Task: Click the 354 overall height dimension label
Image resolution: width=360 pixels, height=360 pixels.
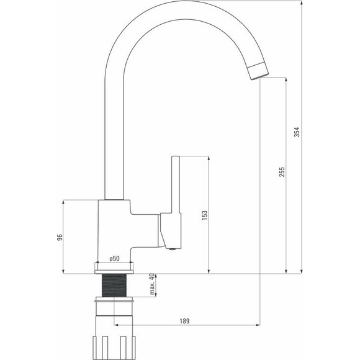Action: coord(297,132)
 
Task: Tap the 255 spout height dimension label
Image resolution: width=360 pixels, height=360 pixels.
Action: coord(282,172)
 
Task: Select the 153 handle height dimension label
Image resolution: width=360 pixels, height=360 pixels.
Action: coord(204,215)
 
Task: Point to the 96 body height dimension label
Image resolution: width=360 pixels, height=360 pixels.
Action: coord(60,237)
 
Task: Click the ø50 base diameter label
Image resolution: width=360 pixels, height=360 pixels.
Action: coord(114,258)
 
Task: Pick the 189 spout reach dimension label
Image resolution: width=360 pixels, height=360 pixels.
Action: coord(184,321)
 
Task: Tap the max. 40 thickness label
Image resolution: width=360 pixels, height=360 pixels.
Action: coord(152,284)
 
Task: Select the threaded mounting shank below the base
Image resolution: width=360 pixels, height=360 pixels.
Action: coord(114,285)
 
